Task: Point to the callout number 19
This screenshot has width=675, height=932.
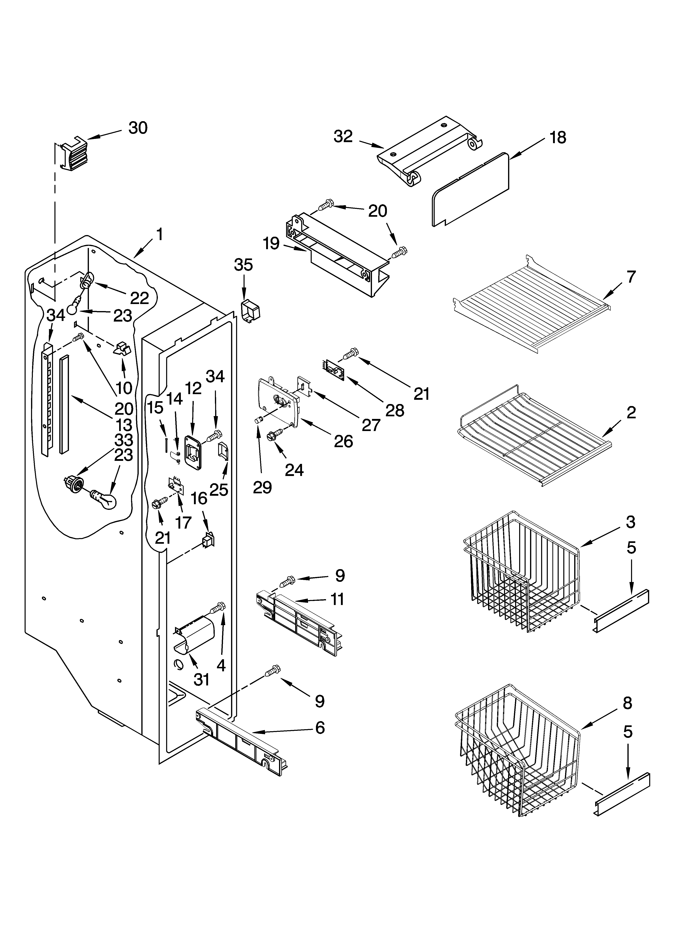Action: [271, 244]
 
